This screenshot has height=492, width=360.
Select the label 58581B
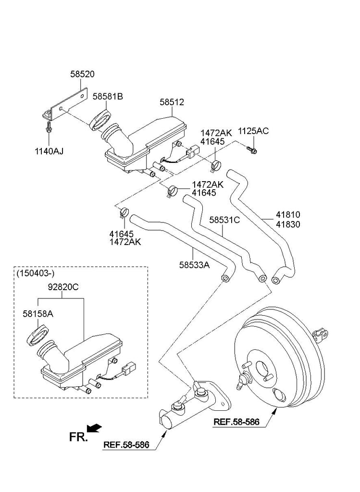tap(108, 97)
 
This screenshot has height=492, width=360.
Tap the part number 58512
tap(172, 102)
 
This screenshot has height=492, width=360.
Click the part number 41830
tap(288, 224)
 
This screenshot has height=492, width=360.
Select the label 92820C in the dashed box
tap(63, 288)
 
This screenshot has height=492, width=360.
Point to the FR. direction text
tap(78, 436)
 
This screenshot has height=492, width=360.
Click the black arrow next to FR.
tap(95, 427)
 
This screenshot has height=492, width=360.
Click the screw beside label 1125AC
tap(253, 150)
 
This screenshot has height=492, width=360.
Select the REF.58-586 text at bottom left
tap(126, 445)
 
